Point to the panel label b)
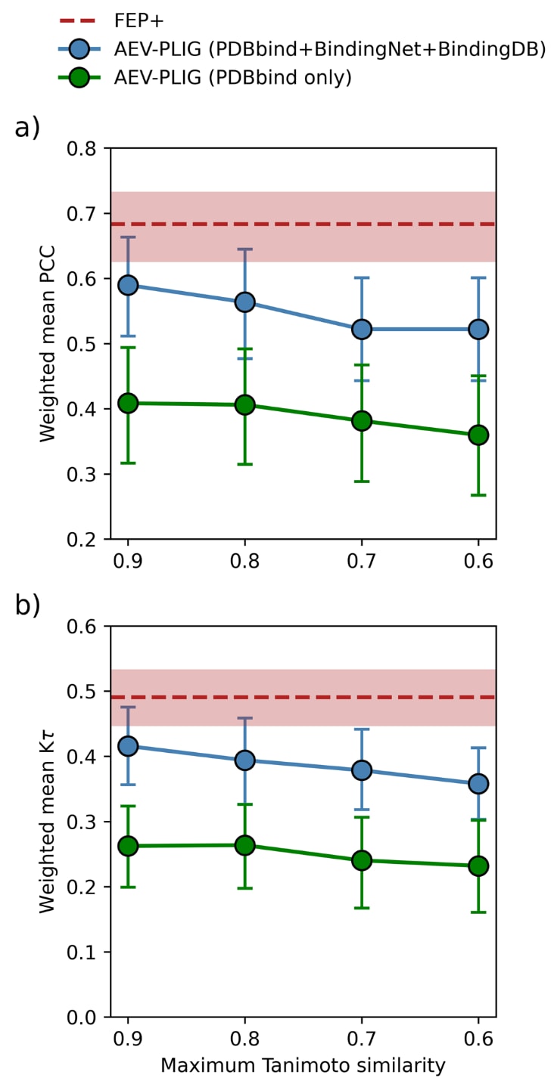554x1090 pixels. (27, 607)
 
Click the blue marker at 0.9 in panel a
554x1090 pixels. (128, 285)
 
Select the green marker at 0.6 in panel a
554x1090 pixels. (478, 435)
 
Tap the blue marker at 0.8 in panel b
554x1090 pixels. (244, 760)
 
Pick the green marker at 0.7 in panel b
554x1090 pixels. (361, 859)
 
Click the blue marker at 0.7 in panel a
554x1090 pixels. (361, 329)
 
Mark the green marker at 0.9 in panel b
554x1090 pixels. (128, 845)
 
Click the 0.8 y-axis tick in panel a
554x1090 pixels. (87, 149)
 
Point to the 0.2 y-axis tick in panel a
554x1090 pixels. (87, 540)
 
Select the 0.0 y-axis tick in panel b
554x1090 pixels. (87, 1017)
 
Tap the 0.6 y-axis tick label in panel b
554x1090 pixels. (87, 627)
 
